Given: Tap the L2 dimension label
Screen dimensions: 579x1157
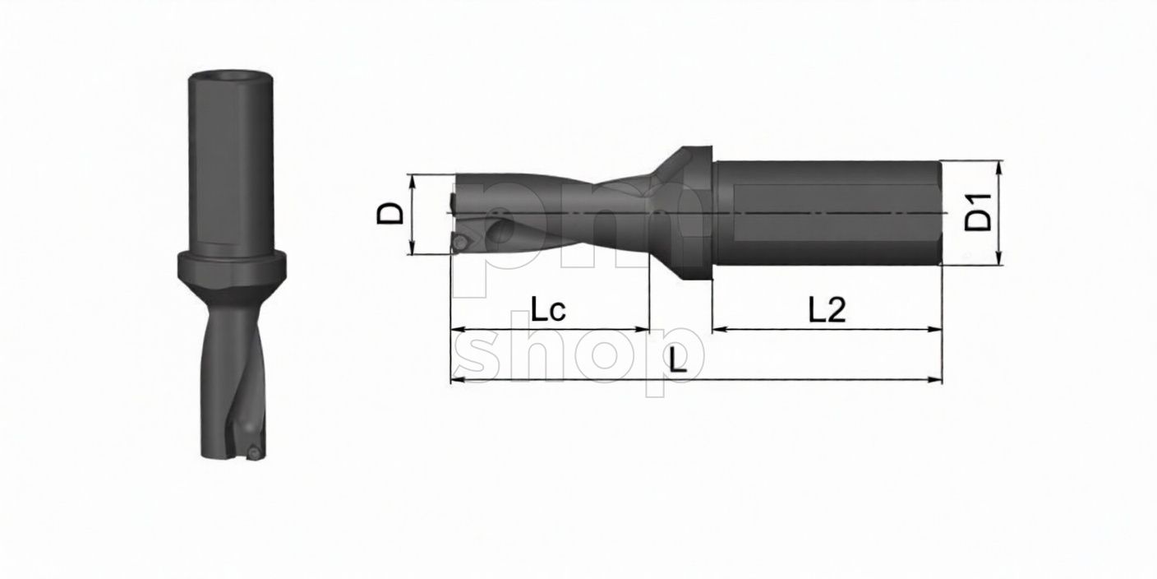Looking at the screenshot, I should click(x=827, y=309).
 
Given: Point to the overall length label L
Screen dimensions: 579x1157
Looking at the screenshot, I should click(x=677, y=361).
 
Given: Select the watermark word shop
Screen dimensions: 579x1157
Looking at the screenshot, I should click(x=579, y=354).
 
